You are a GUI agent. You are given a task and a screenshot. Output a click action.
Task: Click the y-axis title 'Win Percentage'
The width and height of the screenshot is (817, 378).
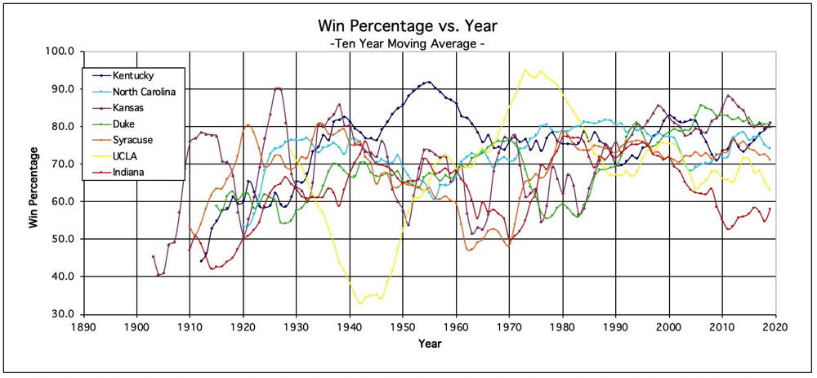(34, 187)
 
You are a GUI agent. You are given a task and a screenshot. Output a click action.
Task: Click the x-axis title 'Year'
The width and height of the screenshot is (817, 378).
(431, 344)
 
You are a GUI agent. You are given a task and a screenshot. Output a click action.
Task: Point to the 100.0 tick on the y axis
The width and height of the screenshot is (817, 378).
(60, 52)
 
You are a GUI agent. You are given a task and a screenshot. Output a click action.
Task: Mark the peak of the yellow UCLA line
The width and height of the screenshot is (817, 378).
(525, 70)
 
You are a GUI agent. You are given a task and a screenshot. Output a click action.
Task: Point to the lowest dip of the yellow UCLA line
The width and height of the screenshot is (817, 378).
(360, 304)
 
